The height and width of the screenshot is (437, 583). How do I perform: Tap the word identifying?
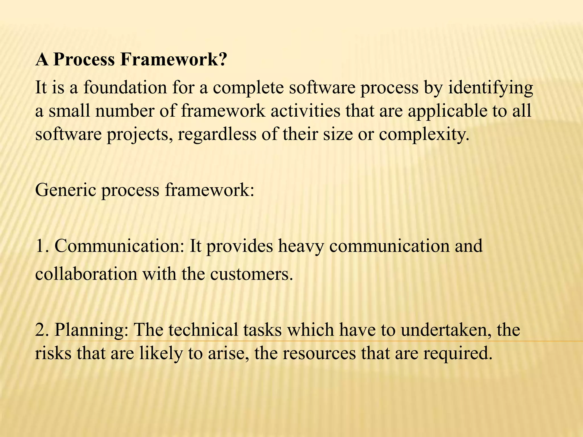click(x=490, y=88)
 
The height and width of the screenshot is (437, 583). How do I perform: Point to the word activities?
click(x=305, y=111)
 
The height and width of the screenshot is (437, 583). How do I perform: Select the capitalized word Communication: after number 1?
click(x=119, y=246)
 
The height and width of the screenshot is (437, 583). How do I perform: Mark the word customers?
click(x=251, y=274)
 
